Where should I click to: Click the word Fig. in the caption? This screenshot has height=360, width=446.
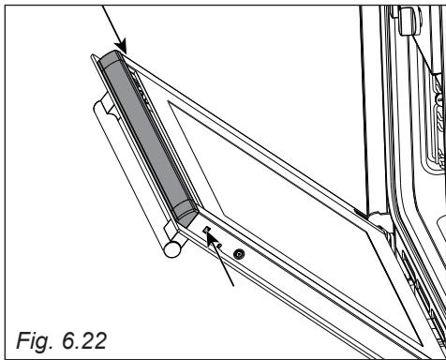point(35,341)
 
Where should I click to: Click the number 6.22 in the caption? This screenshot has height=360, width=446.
point(84,340)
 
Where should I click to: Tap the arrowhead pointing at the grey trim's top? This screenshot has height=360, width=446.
point(122,46)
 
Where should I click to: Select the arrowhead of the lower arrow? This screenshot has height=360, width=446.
point(212,238)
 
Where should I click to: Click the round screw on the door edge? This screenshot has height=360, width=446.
point(239,255)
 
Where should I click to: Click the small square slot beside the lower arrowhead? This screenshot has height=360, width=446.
point(206,230)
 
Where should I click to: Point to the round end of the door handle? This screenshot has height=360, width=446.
point(172,249)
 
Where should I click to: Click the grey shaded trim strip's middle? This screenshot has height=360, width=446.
point(148,138)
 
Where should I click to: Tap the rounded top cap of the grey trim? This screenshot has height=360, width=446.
point(111,59)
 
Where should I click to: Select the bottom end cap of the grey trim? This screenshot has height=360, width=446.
point(186,214)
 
